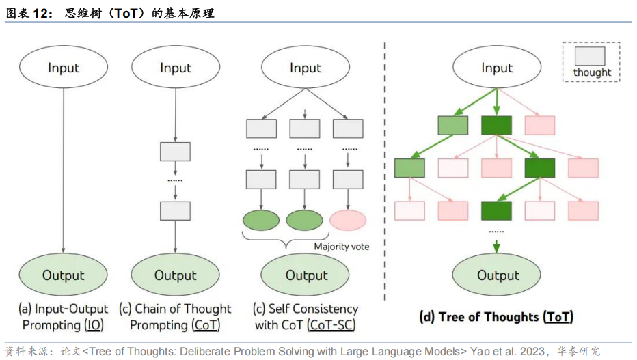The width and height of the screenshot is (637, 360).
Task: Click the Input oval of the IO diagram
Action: click(x=64, y=68)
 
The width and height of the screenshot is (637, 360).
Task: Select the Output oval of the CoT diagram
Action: click(x=176, y=275)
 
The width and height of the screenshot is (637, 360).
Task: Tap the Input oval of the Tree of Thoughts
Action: click(x=497, y=68)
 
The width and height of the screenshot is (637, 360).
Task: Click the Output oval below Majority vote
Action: click(x=306, y=275)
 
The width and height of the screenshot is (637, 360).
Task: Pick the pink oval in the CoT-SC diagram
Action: click(x=348, y=220)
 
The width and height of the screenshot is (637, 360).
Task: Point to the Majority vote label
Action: click(x=342, y=246)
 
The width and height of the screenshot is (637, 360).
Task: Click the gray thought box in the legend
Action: click(x=591, y=56)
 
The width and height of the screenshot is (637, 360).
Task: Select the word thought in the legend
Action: click(x=592, y=72)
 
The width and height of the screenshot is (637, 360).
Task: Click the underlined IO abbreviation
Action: click(x=94, y=325)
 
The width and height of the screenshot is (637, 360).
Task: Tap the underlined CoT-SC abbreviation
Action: click(x=331, y=325)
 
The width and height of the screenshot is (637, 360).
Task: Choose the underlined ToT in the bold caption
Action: click(x=557, y=317)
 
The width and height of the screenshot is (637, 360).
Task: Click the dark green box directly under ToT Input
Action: click(x=496, y=126)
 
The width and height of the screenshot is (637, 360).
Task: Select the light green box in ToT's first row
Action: click(x=452, y=126)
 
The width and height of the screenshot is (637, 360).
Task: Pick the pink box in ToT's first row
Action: click(x=539, y=126)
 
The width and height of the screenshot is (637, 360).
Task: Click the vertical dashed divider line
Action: click(x=385, y=171)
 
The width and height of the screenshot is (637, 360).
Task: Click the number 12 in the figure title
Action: click(x=40, y=13)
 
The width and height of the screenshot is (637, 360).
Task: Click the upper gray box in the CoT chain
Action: click(x=176, y=152)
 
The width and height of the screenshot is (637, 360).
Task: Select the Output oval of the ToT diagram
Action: click(x=498, y=275)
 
